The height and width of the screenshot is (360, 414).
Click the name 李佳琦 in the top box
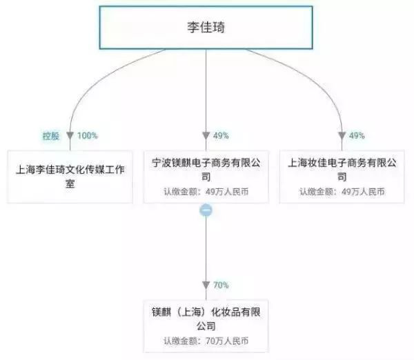click(x=206, y=27)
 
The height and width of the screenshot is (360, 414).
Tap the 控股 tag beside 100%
click(x=51, y=136)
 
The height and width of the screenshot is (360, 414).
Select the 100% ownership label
click(x=88, y=136)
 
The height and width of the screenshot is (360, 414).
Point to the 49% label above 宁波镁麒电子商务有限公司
click(x=221, y=136)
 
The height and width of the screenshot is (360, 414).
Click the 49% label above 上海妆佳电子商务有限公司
click(x=357, y=136)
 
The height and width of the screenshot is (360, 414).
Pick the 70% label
click(x=221, y=285)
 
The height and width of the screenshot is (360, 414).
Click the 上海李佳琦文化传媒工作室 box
click(x=70, y=177)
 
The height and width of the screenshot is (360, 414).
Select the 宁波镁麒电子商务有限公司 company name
click(x=206, y=170)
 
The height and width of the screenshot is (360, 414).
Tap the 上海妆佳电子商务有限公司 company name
click(x=342, y=170)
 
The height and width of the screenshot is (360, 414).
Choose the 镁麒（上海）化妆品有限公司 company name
click(x=206, y=319)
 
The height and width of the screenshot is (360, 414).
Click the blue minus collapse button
click(x=206, y=210)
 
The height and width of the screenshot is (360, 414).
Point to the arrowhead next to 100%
click(x=70, y=136)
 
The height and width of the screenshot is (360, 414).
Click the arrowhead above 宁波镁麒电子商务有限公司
click(x=206, y=136)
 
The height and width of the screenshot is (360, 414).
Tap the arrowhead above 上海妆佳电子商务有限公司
click(x=342, y=136)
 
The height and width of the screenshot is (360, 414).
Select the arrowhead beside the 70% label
click(x=206, y=285)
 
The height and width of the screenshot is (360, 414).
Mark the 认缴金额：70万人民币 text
click(x=206, y=341)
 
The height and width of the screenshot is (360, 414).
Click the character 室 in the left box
click(x=70, y=183)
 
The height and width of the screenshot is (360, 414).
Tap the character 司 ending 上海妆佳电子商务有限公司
click(x=342, y=177)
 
